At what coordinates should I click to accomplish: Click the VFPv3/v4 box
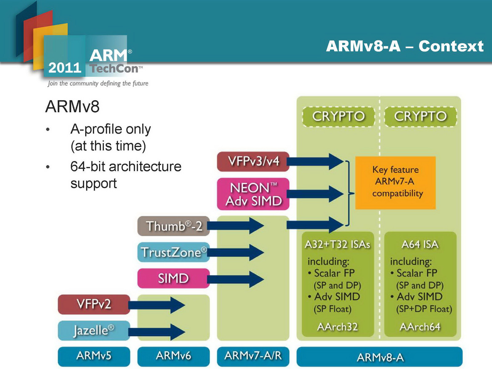coord(253,161)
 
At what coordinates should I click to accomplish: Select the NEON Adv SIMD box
coord(253,194)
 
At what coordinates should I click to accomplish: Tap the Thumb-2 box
coord(173,226)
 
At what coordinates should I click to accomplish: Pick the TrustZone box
coord(173,252)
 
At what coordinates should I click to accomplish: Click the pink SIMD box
coord(173,278)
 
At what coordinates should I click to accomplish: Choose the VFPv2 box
coord(94,304)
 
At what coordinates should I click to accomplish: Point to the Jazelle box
coord(94,331)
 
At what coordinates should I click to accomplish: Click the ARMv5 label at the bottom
coord(94,356)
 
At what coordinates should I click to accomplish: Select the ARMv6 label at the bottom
coord(173,356)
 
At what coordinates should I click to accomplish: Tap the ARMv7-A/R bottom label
coord(253,356)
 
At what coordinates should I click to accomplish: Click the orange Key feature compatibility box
coord(395,183)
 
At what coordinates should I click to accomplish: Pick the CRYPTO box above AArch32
coord(339,117)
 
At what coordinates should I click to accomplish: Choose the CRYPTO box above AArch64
coord(420,117)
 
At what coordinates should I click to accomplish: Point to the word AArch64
coord(420,327)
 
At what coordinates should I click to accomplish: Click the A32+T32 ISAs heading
coord(338,244)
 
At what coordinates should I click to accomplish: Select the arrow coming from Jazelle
coord(157,332)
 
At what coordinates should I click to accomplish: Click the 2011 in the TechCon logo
coord(65,68)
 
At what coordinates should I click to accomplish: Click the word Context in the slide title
coord(451,46)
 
